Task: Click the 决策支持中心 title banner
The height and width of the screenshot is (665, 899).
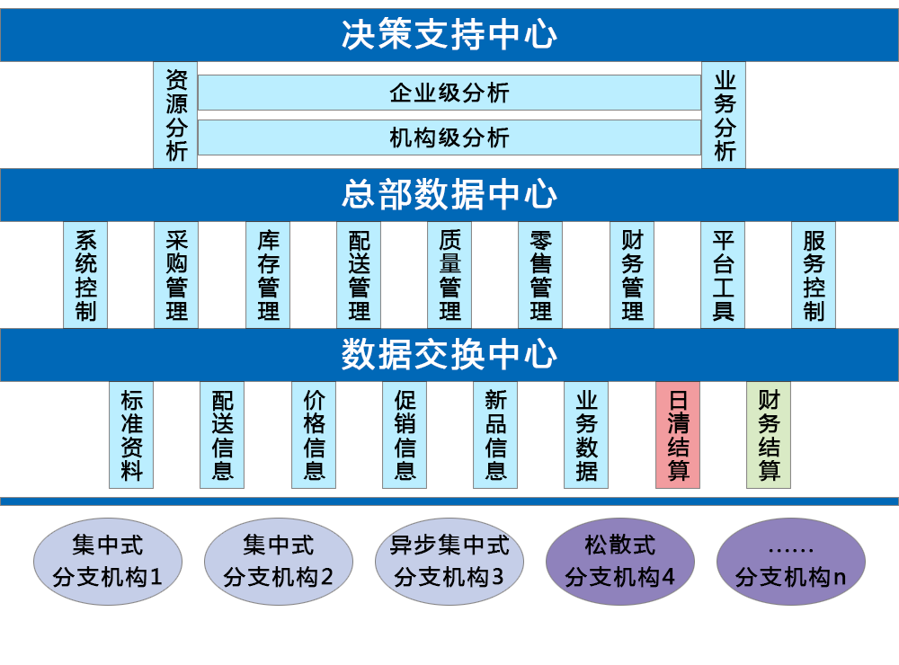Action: coord(449,34)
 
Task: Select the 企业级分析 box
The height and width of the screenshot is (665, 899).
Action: coord(449,93)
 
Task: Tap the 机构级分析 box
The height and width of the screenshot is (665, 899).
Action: coord(449,137)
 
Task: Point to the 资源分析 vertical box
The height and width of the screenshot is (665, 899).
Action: coord(175,115)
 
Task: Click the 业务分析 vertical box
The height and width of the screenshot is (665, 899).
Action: coord(724,115)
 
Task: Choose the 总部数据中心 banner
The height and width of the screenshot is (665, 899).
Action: coord(449,194)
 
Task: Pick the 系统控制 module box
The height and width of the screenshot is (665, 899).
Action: coord(85,275)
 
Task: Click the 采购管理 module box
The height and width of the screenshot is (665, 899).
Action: coord(176,275)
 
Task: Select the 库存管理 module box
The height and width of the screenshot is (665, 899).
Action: coord(268,275)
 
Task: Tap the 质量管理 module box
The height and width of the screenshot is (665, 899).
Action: coord(450,275)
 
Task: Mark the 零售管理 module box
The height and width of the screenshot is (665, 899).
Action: coord(541,275)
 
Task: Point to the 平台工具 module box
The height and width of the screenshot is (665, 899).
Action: coord(723,275)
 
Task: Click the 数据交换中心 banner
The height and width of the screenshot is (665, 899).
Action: coord(449,355)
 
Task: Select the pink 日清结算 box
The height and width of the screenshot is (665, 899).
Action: coord(678,436)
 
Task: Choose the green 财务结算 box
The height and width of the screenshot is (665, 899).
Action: coord(769,436)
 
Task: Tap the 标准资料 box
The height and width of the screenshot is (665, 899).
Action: coord(131,436)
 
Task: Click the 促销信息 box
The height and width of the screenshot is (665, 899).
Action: coord(405,436)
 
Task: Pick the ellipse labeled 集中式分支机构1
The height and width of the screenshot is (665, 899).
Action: coord(108,561)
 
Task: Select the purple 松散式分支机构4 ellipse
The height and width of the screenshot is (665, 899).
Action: coord(620,561)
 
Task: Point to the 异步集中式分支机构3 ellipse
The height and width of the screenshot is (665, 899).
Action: coord(449,561)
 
